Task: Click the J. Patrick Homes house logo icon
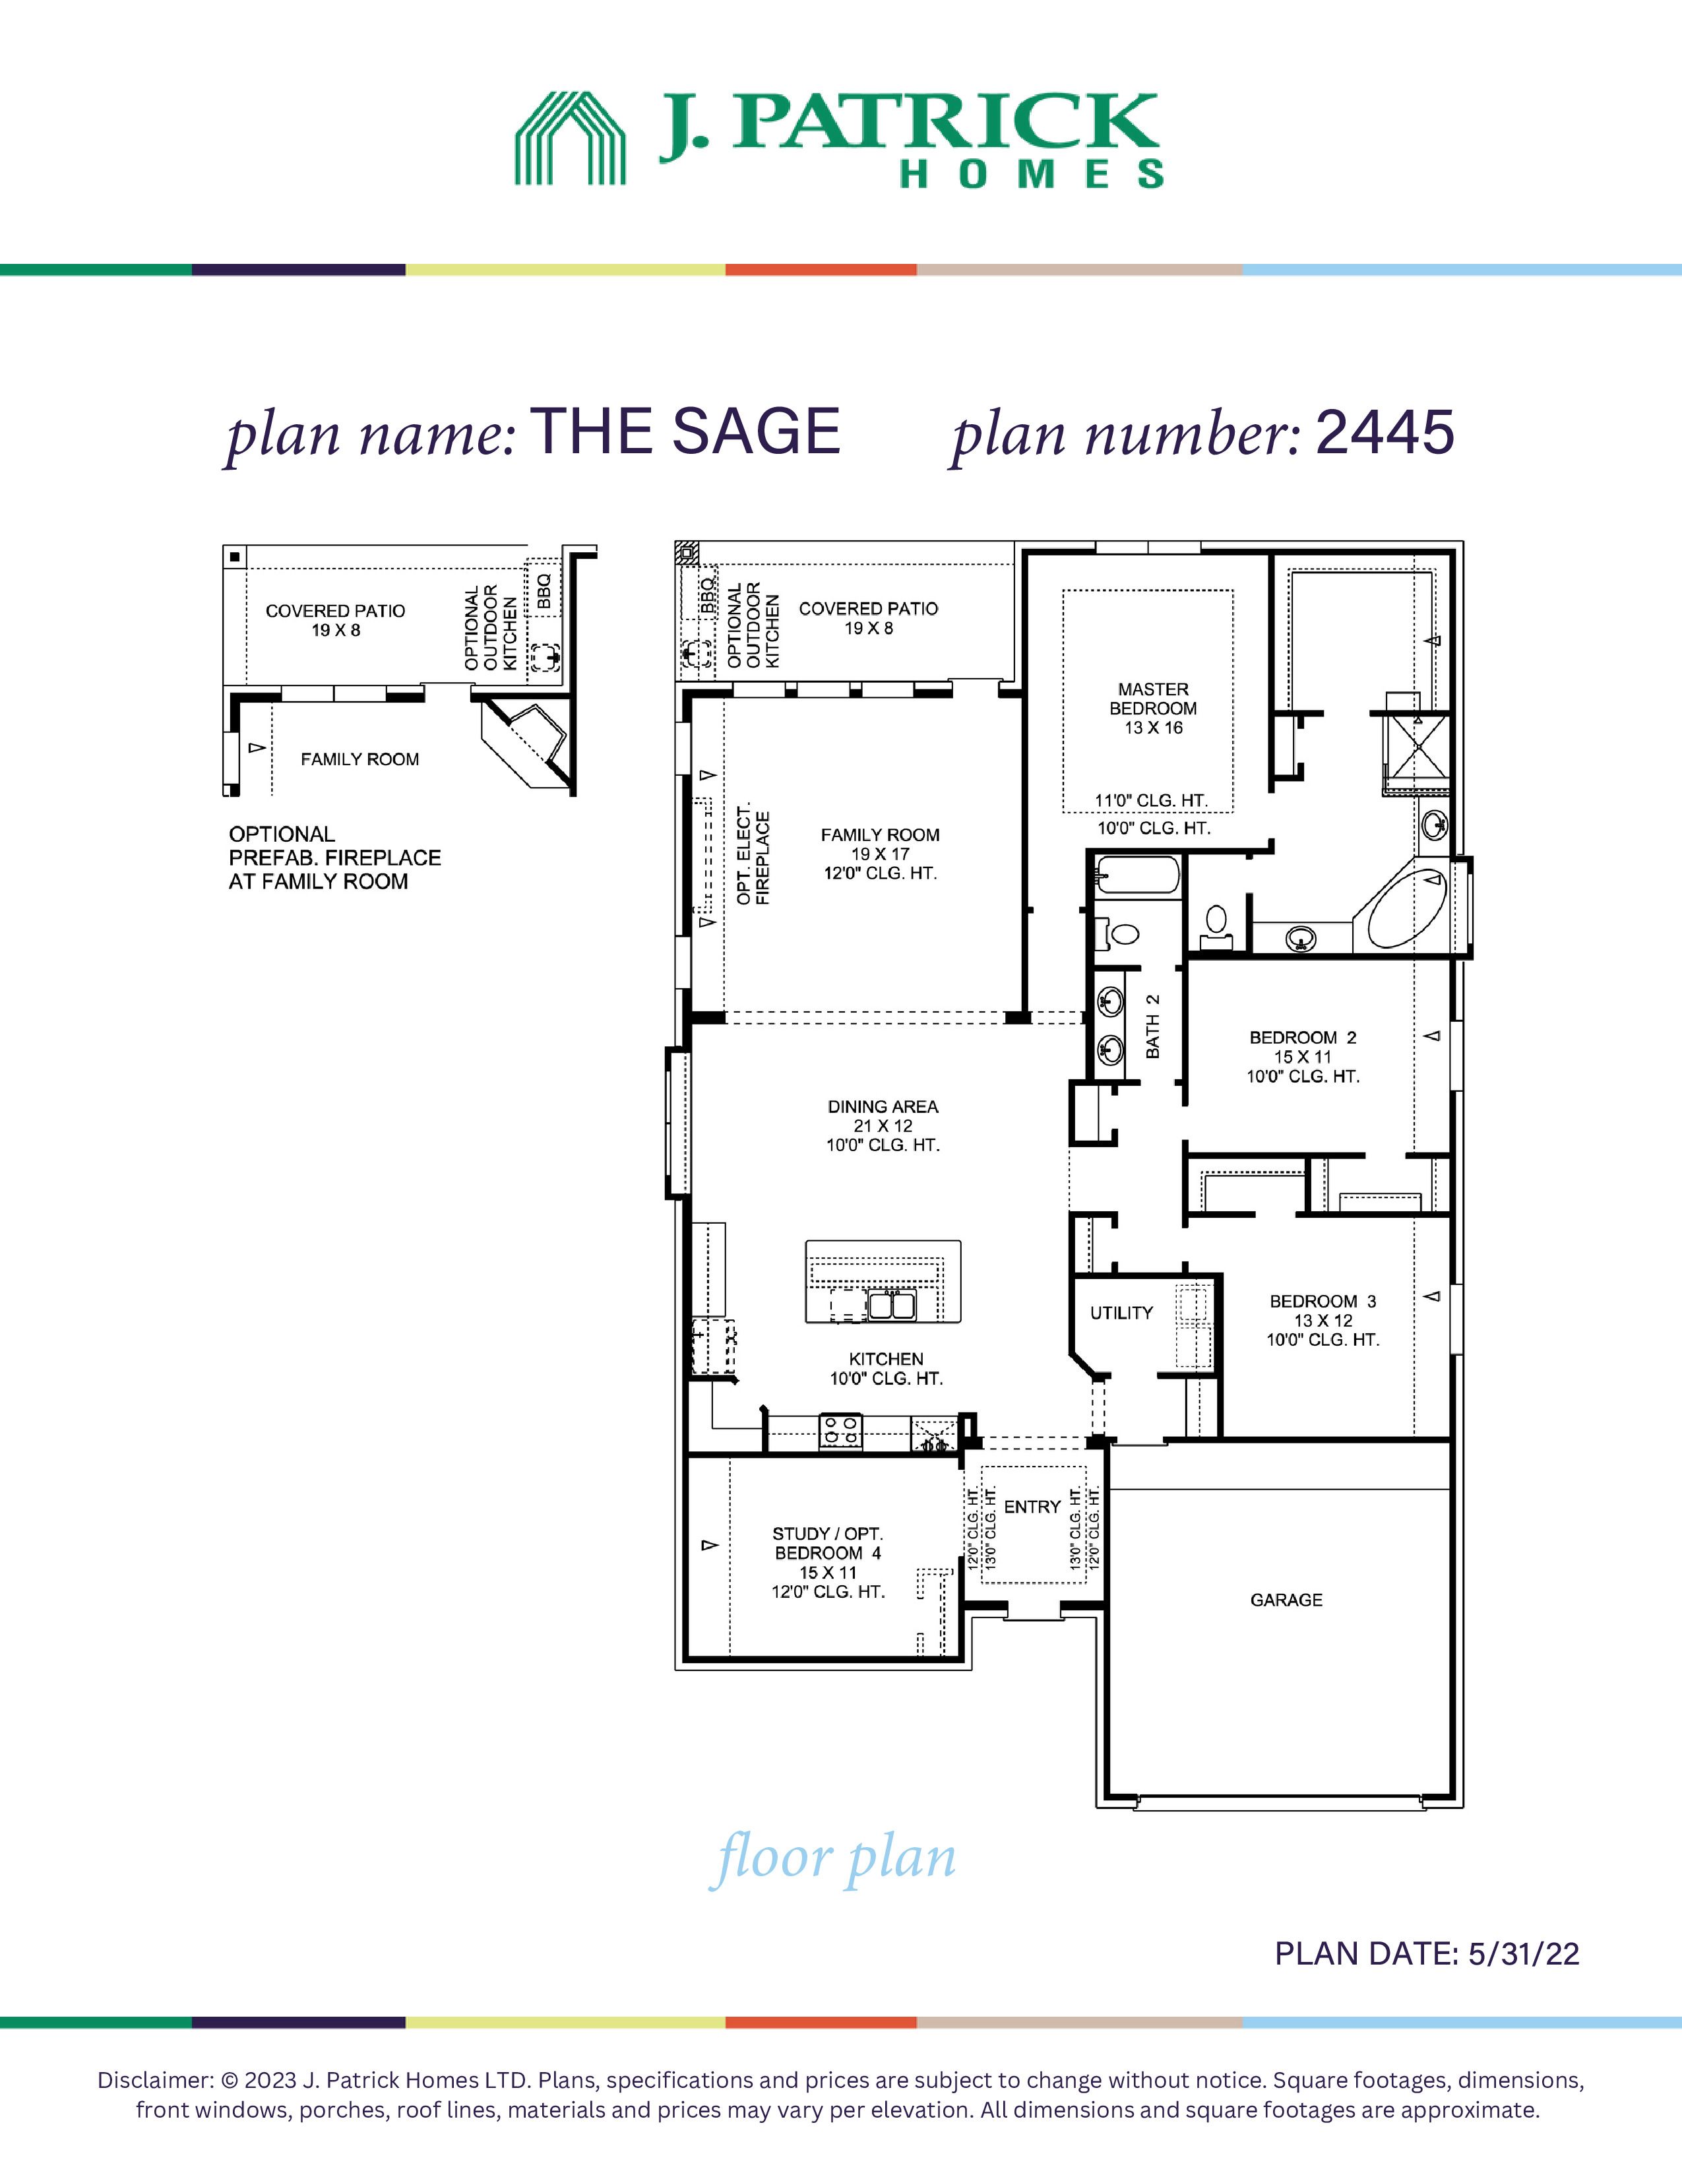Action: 570,138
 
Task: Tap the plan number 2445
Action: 1385,433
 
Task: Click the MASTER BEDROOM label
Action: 1153,699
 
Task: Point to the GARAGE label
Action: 1286,1600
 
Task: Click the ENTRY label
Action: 1032,1507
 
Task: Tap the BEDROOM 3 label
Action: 1323,1301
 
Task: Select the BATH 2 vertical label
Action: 1153,1026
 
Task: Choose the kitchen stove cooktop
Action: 840,1432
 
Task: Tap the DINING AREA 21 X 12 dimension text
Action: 883,1125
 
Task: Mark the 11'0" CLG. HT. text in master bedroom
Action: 1152,800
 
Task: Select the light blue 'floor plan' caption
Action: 833,1858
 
